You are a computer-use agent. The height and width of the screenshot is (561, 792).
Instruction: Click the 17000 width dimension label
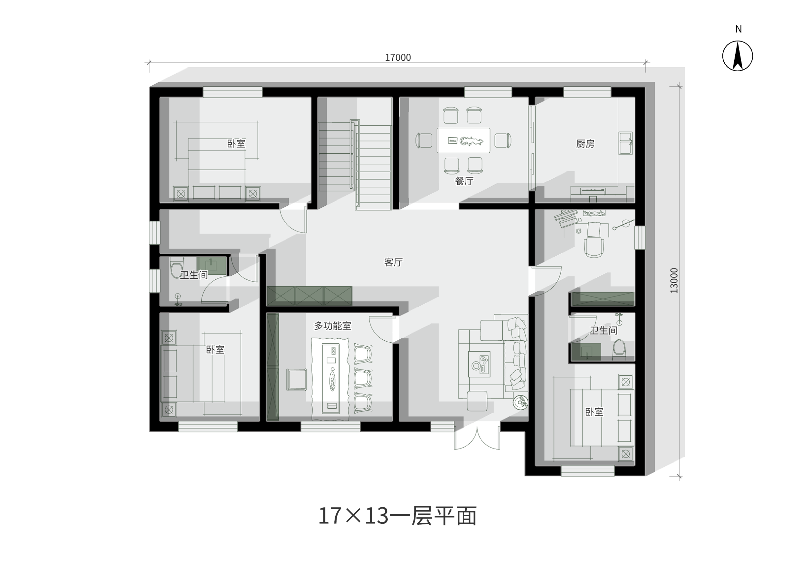tap(398, 57)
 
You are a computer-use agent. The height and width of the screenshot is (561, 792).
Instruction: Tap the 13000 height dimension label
tap(674, 280)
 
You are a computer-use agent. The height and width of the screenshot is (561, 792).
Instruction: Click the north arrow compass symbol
tap(738, 56)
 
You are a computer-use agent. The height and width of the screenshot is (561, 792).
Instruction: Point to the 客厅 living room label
tap(393, 262)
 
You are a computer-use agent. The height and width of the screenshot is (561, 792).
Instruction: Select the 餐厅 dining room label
tap(464, 181)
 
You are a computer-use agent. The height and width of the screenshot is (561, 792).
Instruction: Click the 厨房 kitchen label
tap(585, 144)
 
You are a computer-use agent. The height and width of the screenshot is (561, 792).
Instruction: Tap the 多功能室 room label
tap(332, 326)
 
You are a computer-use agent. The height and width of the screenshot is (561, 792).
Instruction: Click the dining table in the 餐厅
tap(463, 140)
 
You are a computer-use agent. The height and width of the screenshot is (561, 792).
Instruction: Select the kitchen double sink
tap(626, 143)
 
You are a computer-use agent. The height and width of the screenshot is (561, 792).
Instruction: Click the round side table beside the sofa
tap(520, 402)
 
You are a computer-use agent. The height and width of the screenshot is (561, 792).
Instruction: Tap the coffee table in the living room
tap(479, 364)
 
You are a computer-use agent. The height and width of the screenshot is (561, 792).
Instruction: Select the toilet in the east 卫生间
tap(619, 350)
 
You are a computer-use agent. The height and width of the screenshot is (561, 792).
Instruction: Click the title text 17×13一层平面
tap(397, 516)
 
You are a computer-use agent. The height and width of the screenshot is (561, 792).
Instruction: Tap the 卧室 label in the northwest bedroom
tap(236, 143)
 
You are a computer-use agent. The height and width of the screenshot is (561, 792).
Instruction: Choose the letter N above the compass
tap(739, 29)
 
